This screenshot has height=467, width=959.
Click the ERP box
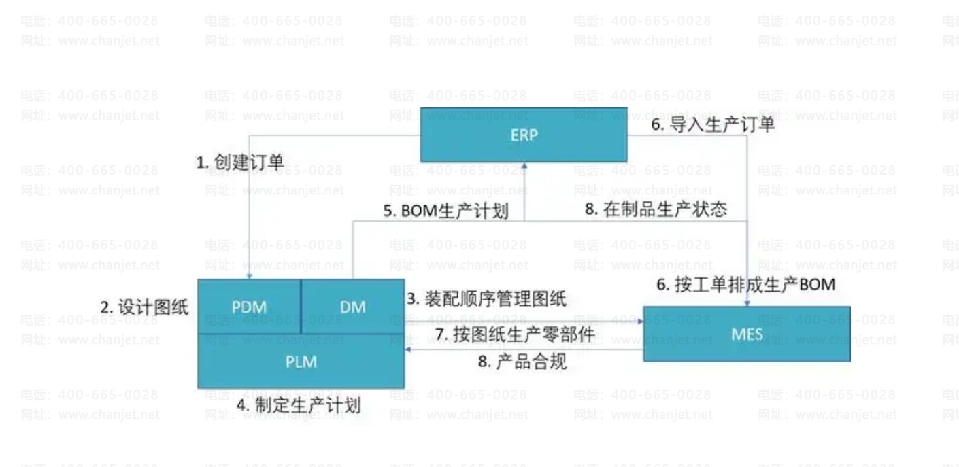click(x=523, y=135)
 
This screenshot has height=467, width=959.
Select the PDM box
click(x=249, y=307)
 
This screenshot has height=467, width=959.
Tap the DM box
click(x=352, y=307)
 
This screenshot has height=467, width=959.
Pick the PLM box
click(x=301, y=362)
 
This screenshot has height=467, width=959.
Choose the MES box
click(x=746, y=334)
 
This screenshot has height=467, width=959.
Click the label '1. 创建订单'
click(x=240, y=162)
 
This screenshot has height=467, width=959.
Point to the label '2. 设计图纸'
click(x=144, y=307)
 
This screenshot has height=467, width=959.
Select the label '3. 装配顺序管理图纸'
click(x=487, y=298)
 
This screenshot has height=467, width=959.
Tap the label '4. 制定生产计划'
click(x=299, y=405)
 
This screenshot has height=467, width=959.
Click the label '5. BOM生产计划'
click(x=445, y=211)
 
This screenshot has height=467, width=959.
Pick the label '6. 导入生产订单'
click(x=713, y=124)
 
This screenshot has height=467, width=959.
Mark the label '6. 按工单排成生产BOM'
click(x=745, y=284)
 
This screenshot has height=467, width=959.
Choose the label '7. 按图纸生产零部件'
click(x=515, y=334)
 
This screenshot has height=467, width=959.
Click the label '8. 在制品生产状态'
click(x=656, y=209)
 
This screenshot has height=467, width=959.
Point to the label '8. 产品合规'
click(x=522, y=362)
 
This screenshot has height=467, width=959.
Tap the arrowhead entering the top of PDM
click(x=250, y=275)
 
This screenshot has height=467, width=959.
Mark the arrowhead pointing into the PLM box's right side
click(x=408, y=349)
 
